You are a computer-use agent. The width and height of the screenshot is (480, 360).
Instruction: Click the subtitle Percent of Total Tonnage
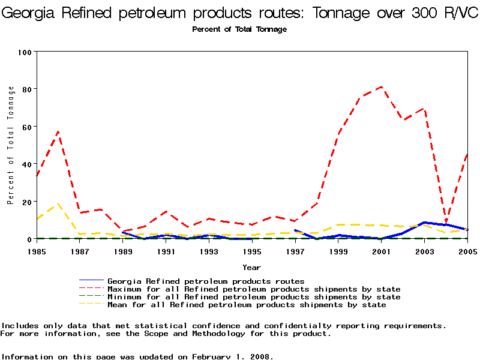[x=239, y=29]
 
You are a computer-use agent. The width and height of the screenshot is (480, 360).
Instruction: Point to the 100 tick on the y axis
[x=25, y=52]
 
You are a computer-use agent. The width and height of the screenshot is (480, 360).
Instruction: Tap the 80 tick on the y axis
[x=26, y=89]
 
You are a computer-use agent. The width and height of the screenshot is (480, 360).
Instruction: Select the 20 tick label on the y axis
[x=26, y=202]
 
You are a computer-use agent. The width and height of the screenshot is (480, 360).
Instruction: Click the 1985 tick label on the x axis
[x=37, y=251]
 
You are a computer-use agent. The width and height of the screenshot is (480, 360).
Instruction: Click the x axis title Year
[x=251, y=267]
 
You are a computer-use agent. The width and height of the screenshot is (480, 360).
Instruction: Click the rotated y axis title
[x=11, y=145]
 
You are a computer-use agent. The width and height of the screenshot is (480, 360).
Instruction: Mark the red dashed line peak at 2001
[x=382, y=87]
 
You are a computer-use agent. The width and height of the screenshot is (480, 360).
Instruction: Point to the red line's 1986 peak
[x=58, y=131]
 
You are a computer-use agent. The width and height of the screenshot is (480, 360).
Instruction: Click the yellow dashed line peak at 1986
[x=58, y=204]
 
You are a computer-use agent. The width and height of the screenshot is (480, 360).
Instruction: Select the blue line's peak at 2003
[x=424, y=223]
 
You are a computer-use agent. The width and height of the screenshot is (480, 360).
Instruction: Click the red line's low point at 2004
[x=446, y=223]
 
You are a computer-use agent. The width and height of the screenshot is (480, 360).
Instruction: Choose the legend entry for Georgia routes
[x=206, y=281]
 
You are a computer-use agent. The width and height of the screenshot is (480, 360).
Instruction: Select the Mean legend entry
[x=247, y=305]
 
